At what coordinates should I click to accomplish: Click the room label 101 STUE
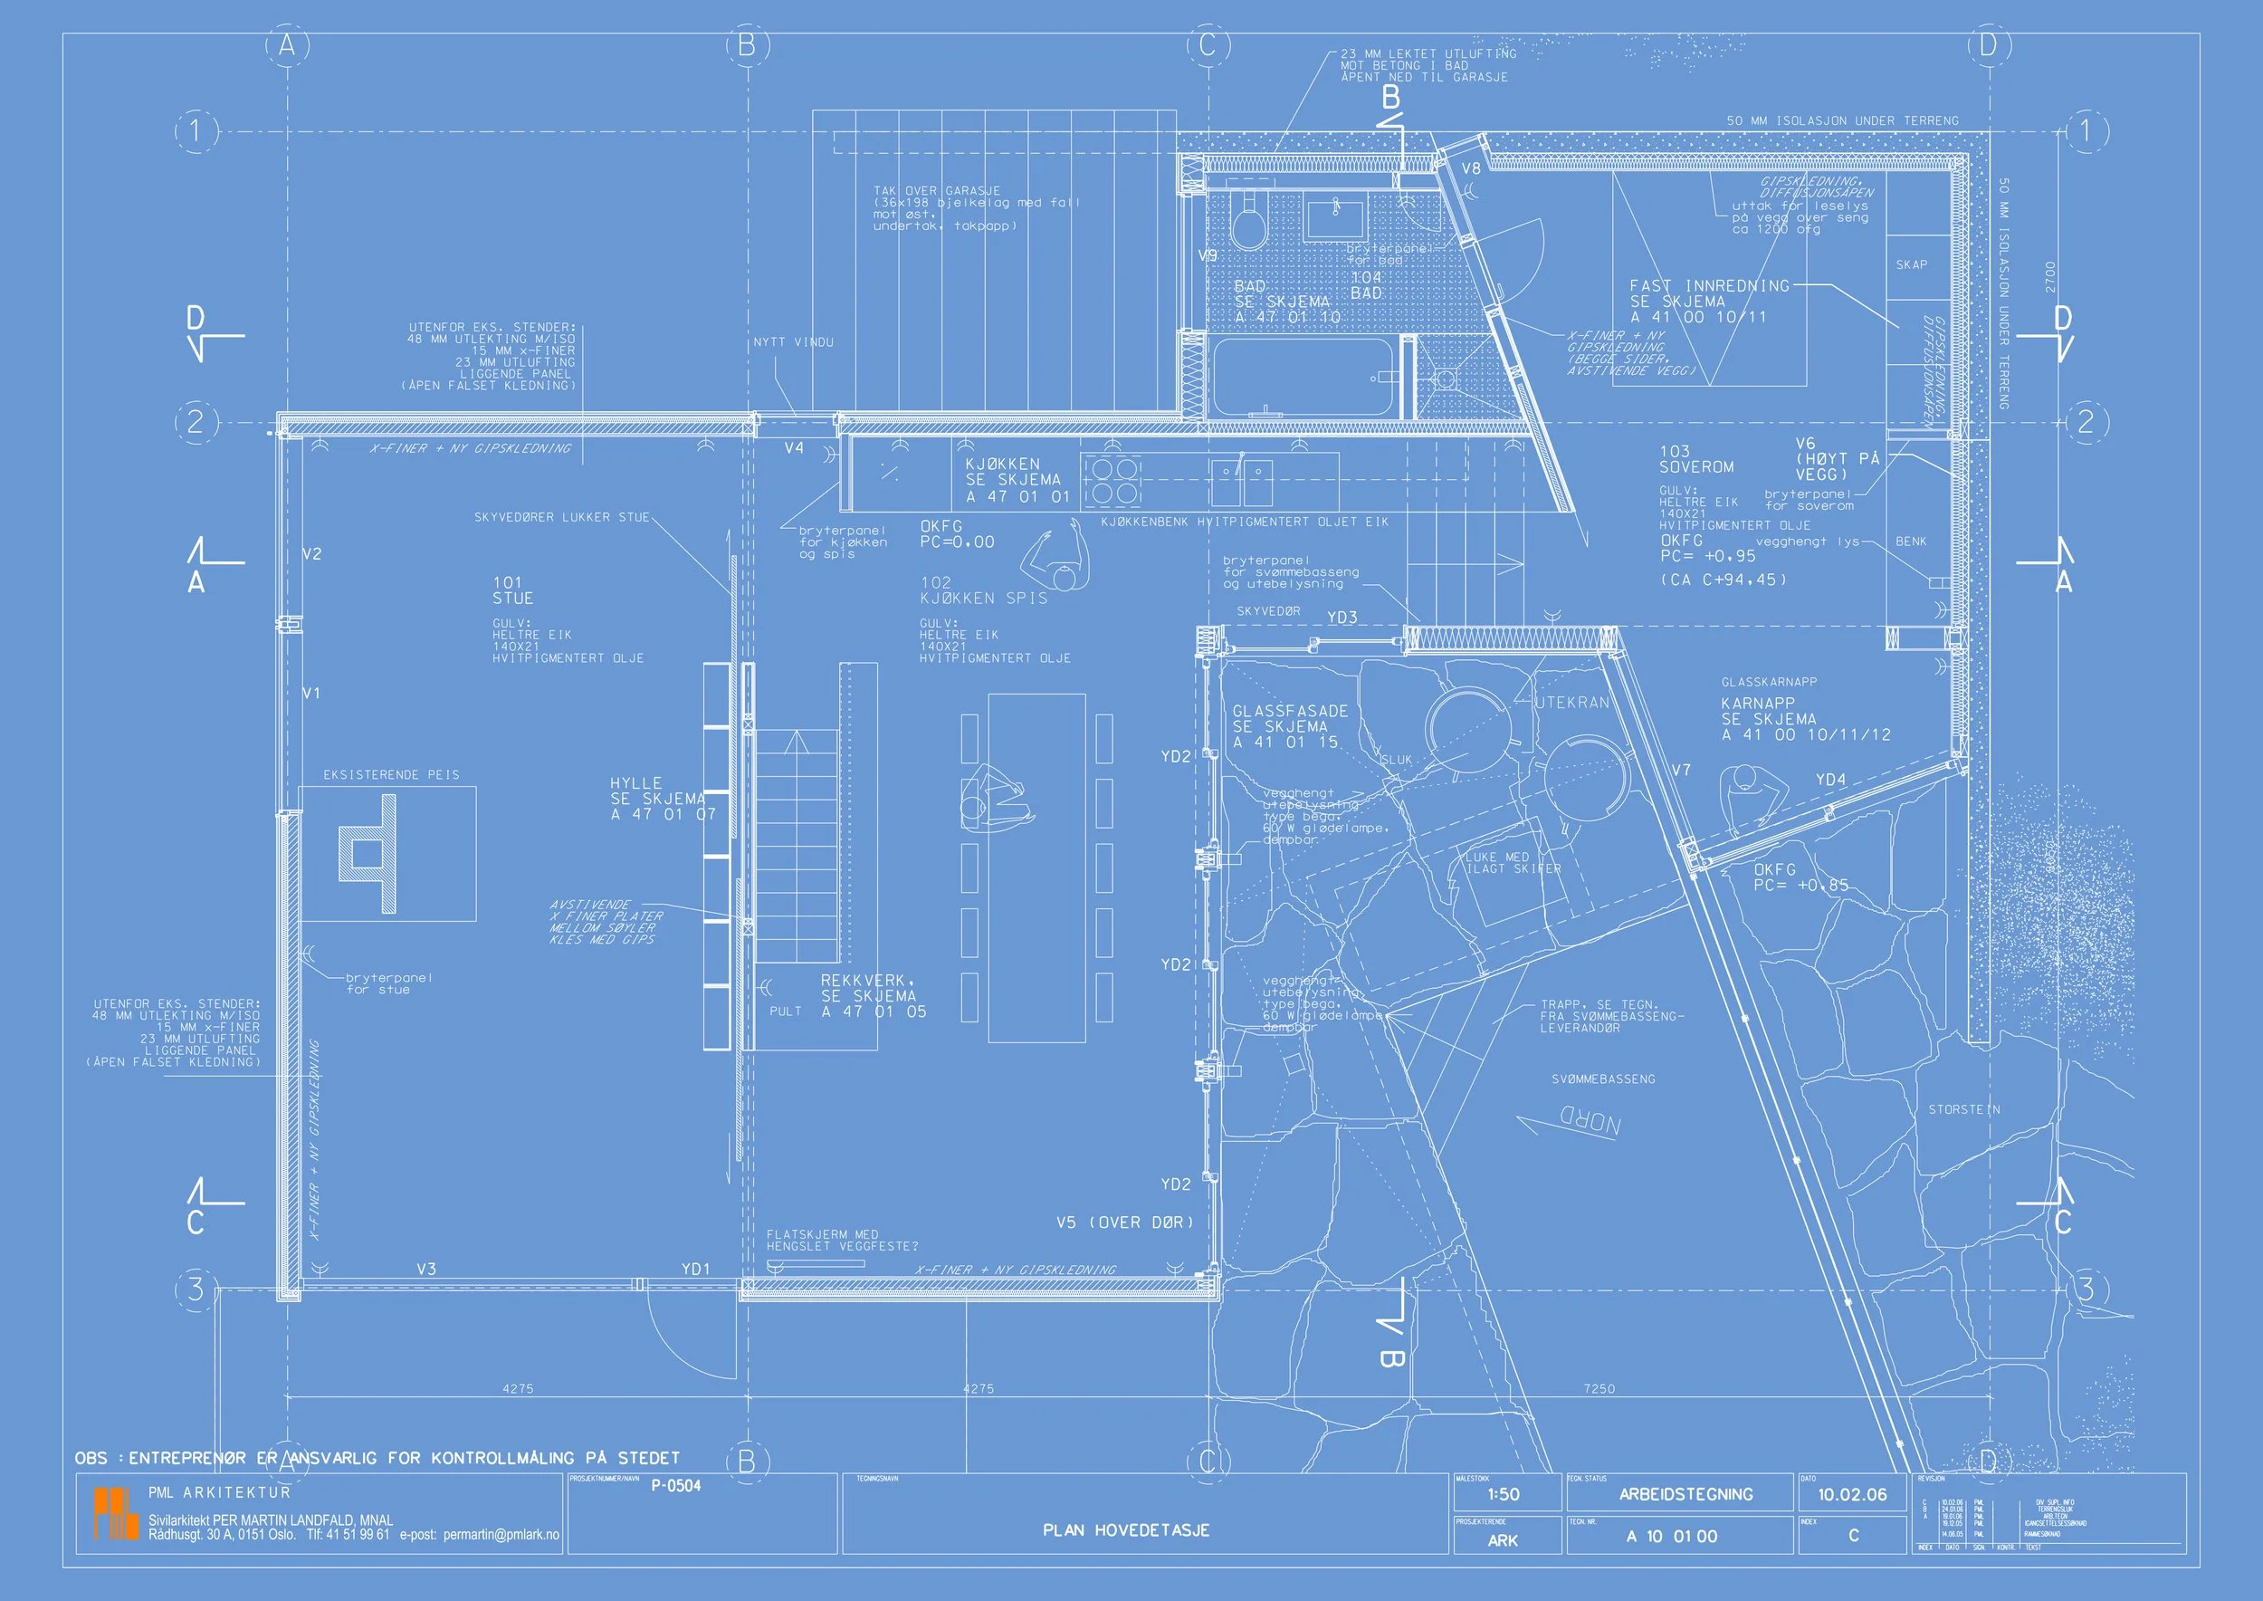click(x=512, y=590)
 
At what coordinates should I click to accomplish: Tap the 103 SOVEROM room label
click(x=1695, y=459)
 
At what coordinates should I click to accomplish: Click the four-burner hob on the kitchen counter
click(x=1112, y=480)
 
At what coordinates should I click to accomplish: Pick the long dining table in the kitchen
click(x=1036, y=868)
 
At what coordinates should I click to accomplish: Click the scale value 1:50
click(x=1503, y=1494)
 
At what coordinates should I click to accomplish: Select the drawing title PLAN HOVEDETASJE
click(x=1125, y=1530)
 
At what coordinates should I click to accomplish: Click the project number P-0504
click(x=675, y=1487)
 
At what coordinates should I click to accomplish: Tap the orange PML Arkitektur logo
click(x=115, y=1514)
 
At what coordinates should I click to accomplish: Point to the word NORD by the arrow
click(x=1588, y=1122)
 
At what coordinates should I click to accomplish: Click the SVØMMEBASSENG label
click(x=1602, y=1079)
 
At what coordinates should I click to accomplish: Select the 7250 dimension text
click(x=1599, y=1389)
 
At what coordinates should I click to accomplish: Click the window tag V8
click(x=1471, y=168)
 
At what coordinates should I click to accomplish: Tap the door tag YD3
click(x=1342, y=618)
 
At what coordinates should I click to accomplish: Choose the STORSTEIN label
click(x=1963, y=1110)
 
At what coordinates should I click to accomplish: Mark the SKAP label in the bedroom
click(x=1911, y=265)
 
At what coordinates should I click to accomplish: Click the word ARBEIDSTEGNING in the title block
click(x=1685, y=1494)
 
